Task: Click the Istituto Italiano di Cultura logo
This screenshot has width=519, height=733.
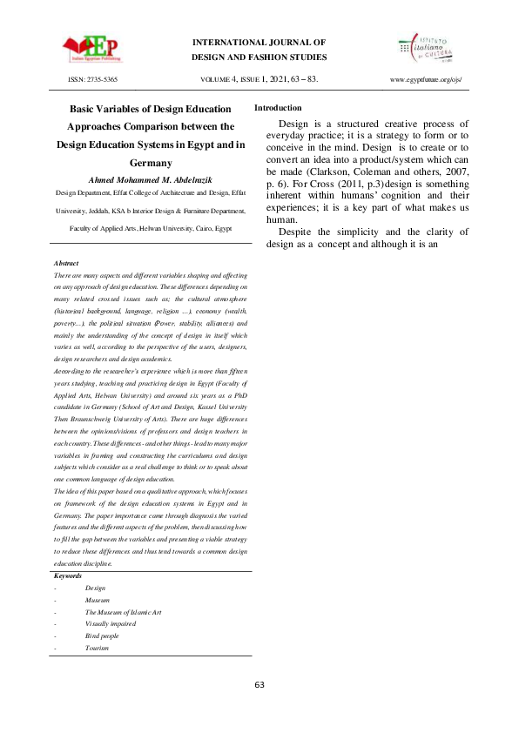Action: [426, 49]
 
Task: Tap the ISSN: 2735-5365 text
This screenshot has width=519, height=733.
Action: [93, 79]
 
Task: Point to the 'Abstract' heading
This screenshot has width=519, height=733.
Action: [66, 262]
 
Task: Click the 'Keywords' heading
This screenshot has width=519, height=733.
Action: [68, 576]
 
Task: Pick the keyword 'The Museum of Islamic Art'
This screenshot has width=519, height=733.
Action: [123, 613]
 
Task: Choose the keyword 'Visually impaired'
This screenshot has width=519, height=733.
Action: [111, 624]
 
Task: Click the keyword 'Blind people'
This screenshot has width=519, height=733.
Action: [102, 636]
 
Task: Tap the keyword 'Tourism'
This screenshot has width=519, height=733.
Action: [97, 649]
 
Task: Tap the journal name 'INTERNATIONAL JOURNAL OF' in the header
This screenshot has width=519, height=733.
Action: [259, 42]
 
